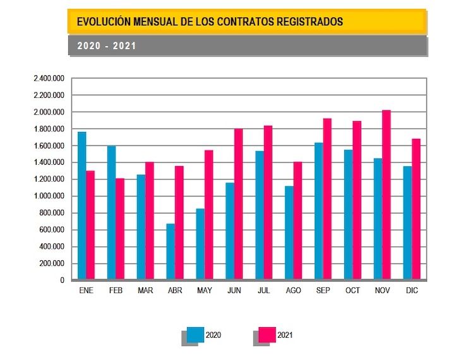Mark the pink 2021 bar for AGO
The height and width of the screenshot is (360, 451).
298,220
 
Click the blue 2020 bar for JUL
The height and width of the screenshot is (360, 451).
260,215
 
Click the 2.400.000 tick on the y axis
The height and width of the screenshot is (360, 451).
49,78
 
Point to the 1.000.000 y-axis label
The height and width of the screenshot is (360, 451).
49,196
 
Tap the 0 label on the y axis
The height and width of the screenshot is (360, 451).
62,280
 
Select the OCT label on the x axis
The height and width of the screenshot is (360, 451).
352,291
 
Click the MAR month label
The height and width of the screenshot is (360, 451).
145,291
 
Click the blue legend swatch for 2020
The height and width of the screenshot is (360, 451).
195,335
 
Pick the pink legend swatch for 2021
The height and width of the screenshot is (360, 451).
267,335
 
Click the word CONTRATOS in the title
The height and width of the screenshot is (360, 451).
244,21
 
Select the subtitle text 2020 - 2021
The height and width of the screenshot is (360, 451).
107,46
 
